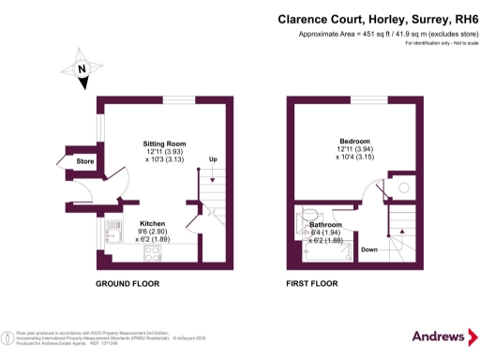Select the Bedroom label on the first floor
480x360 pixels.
(x=355, y=141)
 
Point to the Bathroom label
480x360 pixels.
(x=325, y=225)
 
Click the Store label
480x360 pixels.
(x=85, y=162)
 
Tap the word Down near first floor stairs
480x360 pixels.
(x=369, y=249)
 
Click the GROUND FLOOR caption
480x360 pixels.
(x=127, y=283)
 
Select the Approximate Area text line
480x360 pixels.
(x=387, y=35)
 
